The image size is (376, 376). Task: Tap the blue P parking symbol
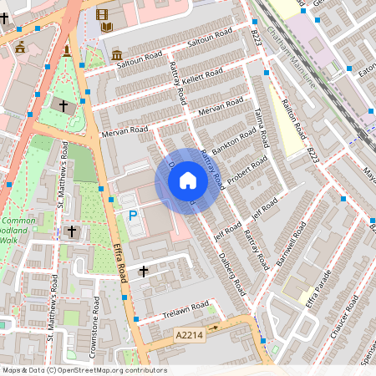pos(132,216)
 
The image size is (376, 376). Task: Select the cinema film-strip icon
pos(102,13)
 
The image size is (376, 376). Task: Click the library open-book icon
pos(107,28)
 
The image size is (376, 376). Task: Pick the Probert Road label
pos(249,170)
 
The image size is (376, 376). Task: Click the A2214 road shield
pos(189,334)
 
